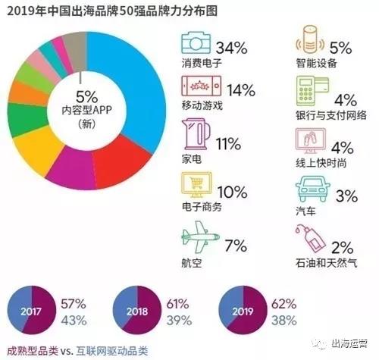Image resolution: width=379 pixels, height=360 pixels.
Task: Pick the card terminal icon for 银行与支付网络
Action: coord(309,91)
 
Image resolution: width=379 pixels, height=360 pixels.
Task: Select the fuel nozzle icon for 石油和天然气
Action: coord(310,236)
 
